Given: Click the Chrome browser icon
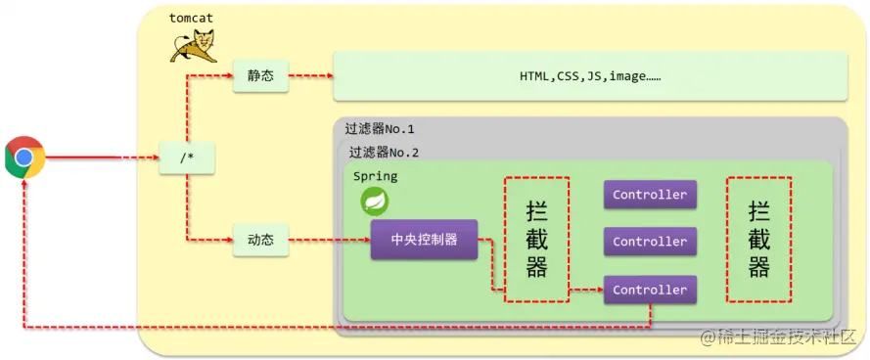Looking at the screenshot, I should coord(24,157).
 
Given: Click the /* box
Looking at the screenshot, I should coord(187,157).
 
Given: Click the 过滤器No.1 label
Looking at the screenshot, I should coord(380,129).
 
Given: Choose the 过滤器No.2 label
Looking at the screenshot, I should coord(384,153).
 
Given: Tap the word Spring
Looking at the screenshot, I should coord(376,176).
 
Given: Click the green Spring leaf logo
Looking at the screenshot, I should coord(375,202).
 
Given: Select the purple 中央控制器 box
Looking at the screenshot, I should coord(424,240).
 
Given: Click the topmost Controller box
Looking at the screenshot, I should coord(650,195).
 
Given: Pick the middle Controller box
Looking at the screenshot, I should coord(650,242).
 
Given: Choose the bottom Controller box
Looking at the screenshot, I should coord(650,290).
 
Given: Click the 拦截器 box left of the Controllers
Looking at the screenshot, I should coord(536,240).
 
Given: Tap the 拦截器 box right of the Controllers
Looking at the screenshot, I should coord(758,240).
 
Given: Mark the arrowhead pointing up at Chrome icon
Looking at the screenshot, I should coord(24,185).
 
